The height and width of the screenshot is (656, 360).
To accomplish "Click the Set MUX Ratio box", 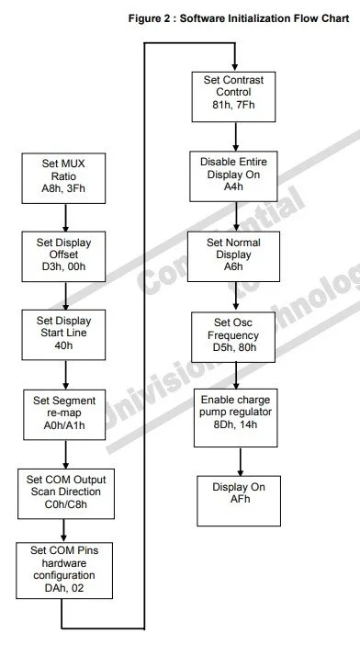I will pos(63,177).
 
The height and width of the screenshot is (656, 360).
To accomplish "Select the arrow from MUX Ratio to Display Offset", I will pos(65,216).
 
